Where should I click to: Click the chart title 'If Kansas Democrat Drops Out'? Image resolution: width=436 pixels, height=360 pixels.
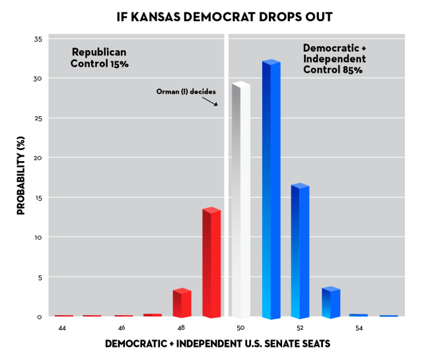[x=217, y=15]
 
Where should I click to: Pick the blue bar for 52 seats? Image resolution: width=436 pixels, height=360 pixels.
[x=300, y=251]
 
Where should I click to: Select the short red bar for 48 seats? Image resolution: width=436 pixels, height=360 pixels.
[x=182, y=303]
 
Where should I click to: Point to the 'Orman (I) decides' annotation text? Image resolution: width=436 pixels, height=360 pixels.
[x=186, y=92]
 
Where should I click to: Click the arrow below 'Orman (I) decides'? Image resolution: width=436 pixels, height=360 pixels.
[x=210, y=102]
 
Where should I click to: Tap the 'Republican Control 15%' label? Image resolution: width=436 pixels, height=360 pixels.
[x=100, y=58]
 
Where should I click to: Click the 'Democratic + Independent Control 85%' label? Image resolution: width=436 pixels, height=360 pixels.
[x=334, y=58]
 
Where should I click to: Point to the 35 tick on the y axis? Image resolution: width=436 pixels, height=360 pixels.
[x=38, y=40]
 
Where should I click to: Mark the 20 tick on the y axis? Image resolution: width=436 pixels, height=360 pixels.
[x=38, y=159]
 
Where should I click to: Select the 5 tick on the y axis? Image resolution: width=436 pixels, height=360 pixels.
[x=39, y=277]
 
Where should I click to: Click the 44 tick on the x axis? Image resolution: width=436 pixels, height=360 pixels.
[x=62, y=328]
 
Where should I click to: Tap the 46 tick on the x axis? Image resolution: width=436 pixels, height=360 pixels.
[x=122, y=328]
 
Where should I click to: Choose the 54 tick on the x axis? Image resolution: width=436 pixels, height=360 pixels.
[x=359, y=328]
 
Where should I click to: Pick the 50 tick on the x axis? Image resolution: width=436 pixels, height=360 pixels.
[x=240, y=328]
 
